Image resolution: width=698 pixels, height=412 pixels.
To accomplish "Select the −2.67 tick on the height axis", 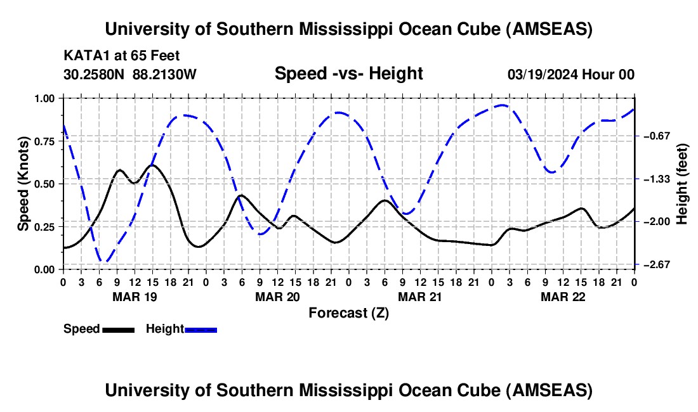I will (654, 264).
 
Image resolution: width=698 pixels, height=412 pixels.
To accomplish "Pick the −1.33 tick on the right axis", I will (654, 179).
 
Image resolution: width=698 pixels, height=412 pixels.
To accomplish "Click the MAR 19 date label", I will (135, 297).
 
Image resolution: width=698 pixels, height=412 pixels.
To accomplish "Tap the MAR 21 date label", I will (419, 297).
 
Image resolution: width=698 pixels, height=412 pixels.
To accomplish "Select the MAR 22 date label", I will (562, 297).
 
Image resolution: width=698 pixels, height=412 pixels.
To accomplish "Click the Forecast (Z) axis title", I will (348, 312).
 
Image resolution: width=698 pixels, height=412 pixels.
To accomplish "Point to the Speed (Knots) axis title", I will (23, 184).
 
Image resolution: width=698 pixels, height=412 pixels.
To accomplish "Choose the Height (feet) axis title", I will (682, 184).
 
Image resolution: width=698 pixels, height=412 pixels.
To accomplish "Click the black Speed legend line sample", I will (118, 330).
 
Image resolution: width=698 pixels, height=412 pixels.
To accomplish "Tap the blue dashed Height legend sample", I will (201, 330).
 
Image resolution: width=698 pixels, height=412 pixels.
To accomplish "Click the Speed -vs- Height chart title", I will (348, 74).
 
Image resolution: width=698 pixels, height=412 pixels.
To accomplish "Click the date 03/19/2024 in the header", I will (543, 75).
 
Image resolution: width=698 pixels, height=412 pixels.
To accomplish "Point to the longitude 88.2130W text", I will (165, 75).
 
